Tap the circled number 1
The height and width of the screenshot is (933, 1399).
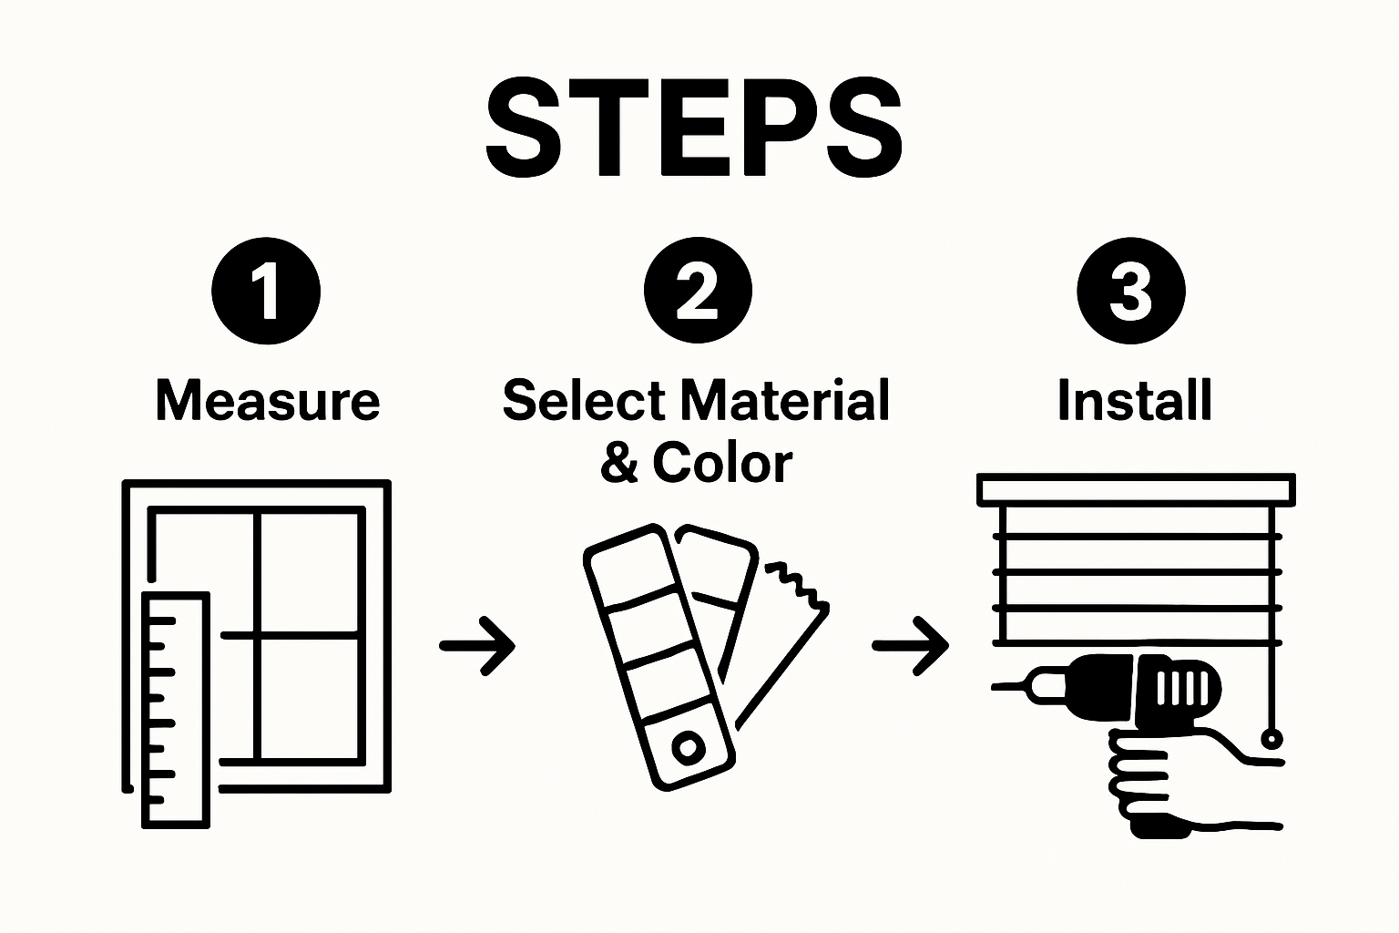(266, 291)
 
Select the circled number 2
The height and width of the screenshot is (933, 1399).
(698, 291)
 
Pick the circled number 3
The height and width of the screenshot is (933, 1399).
(1130, 291)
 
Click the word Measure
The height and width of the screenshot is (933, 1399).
(267, 401)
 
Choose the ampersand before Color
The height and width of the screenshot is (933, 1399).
(619, 464)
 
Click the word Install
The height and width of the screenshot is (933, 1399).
(1134, 401)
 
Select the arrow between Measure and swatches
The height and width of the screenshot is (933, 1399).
(477, 646)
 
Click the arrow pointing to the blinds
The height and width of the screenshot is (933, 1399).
(910, 646)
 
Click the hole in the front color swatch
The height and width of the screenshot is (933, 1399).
(688, 748)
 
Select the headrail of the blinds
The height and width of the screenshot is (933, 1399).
(1135, 489)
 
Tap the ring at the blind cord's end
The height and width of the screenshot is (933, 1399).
(1271, 738)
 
